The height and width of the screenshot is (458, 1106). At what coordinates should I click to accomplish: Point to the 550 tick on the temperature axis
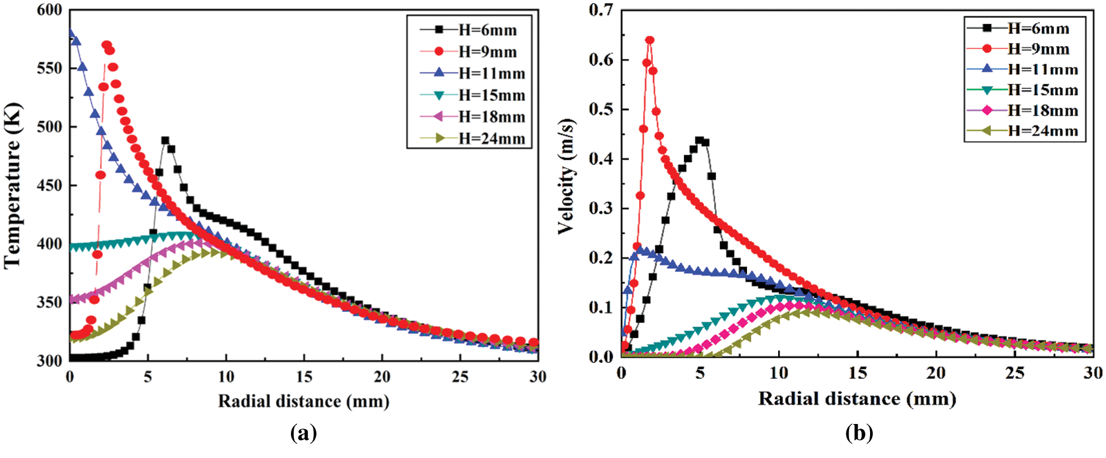pos(49,69)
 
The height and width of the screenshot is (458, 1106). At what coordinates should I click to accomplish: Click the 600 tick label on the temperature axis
pos(49,10)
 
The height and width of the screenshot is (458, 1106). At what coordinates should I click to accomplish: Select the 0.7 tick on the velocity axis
pos(601,10)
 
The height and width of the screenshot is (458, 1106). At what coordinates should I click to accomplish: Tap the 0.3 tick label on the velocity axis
pos(601,209)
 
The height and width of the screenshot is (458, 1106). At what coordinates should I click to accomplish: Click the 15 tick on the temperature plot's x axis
pos(303,376)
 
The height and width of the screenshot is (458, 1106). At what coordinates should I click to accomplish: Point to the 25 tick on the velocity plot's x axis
pos(1015,373)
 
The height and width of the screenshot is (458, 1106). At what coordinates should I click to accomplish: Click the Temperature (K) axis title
pos(12,185)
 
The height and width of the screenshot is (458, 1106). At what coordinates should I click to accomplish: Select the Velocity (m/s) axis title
pos(567,176)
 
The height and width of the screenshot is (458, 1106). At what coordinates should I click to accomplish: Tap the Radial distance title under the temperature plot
pos(303,401)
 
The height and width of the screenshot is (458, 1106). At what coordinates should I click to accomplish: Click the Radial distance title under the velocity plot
pos(857,398)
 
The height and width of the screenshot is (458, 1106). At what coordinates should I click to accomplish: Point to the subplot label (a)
pos(303,434)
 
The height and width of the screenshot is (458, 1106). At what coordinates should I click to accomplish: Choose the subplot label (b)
pos(859,434)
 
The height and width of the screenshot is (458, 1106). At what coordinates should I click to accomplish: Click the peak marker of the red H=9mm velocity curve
pos(649,40)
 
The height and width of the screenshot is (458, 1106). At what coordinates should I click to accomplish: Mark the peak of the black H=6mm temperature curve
pos(165,141)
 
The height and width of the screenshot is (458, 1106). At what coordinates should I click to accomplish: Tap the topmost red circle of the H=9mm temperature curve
pos(106,45)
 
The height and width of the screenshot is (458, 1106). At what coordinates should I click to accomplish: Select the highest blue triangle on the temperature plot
pos(70,34)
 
